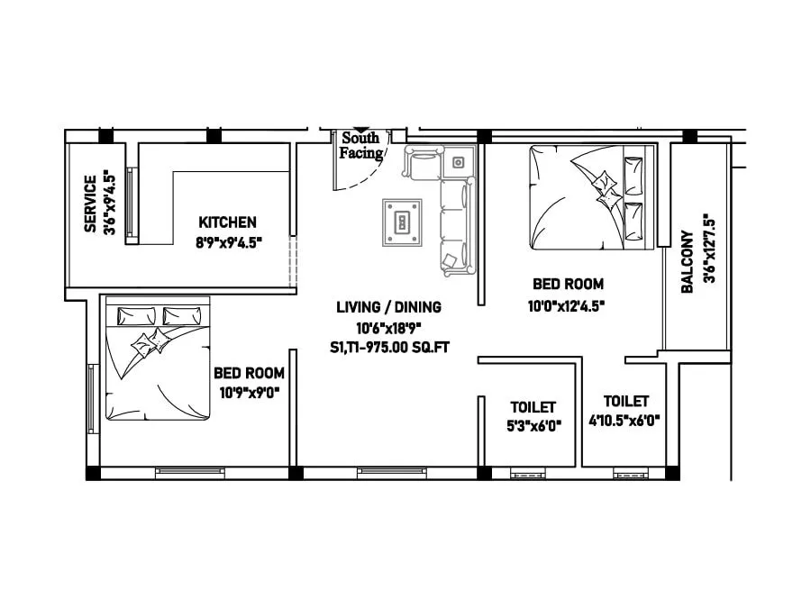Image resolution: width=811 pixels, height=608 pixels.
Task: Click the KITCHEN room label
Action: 228,222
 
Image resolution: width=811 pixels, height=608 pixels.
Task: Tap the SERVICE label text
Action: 90,204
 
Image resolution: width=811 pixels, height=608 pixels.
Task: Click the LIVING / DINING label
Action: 389,307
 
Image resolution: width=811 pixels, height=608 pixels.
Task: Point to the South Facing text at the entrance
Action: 360,146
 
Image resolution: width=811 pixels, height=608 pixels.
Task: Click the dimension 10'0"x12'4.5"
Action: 566,305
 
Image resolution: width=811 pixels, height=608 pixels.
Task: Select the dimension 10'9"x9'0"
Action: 250,392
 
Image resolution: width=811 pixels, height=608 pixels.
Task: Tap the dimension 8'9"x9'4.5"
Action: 228,241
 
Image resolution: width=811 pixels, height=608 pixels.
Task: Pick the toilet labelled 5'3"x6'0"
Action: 533,417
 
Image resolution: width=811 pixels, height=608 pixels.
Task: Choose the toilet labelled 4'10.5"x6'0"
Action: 626,410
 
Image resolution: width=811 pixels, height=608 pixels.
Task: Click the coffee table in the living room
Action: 402,222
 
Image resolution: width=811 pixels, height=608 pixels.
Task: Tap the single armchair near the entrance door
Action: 421,163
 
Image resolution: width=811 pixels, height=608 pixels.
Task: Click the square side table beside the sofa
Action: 459,162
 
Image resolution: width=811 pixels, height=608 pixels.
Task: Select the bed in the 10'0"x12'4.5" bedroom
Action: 590,196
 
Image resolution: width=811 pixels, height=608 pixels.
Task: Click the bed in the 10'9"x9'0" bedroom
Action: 158,358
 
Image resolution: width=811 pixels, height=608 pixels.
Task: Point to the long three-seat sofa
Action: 456,226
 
